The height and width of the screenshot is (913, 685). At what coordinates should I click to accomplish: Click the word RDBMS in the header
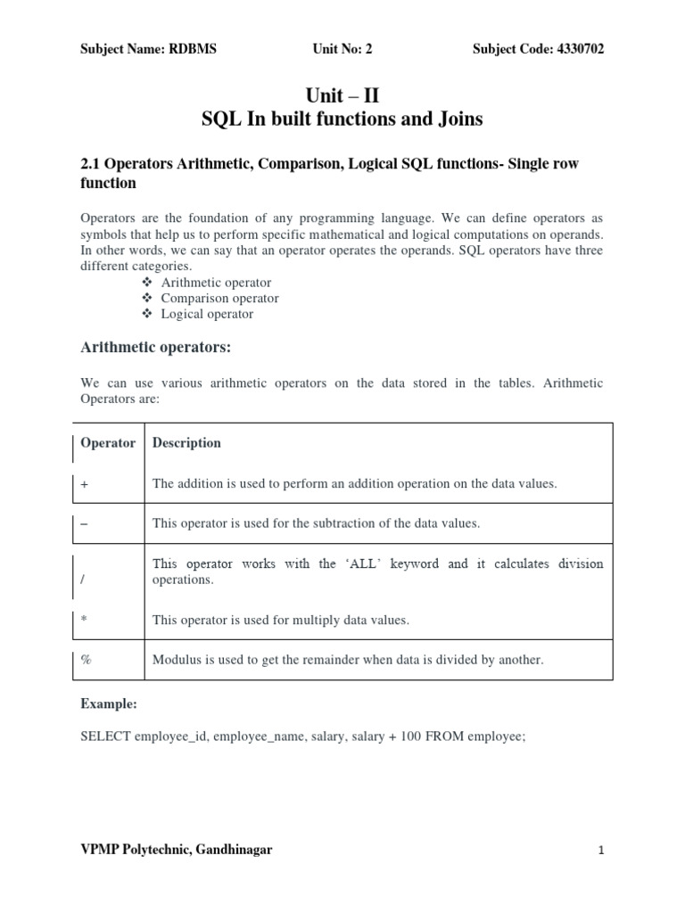192,49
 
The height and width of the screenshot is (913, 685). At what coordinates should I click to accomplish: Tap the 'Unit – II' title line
342,95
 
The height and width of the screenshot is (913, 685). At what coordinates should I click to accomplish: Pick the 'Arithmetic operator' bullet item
216,283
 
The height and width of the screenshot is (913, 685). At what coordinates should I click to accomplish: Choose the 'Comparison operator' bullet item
219,299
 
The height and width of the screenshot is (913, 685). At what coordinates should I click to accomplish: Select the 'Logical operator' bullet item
207,314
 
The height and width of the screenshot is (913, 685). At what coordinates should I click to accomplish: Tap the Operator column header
108,443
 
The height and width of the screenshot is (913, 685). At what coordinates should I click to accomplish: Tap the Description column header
186,443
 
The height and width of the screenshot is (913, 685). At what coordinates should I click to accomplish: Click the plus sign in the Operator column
85,484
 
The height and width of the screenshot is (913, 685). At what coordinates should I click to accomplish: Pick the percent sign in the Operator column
86,661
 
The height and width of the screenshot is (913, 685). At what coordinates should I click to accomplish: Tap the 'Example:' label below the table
108,704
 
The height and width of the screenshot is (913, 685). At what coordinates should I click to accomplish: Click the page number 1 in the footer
601,851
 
